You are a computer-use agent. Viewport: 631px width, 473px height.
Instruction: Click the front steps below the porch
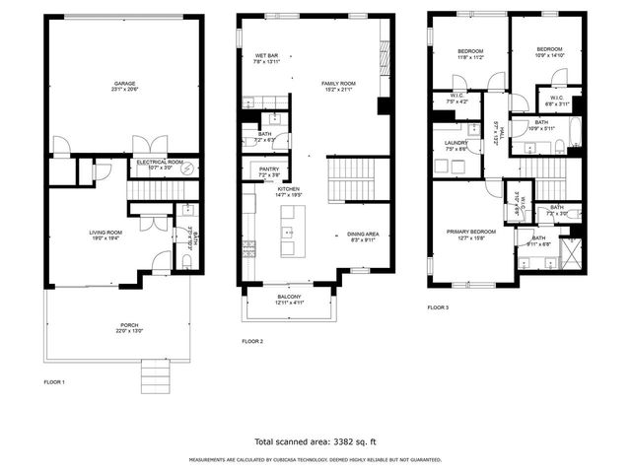tap(156, 374)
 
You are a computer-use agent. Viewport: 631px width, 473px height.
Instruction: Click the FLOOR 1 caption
tap(55, 381)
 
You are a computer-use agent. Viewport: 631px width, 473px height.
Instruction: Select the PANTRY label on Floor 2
tap(269, 170)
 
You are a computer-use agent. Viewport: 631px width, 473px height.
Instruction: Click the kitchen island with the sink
tap(288, 236)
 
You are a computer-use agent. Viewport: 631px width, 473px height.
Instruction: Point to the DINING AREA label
tap(362, 235)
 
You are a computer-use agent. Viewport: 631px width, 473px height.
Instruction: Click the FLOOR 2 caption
tap(252, 341)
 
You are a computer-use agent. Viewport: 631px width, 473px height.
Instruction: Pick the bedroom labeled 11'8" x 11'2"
tap(469, 54)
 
